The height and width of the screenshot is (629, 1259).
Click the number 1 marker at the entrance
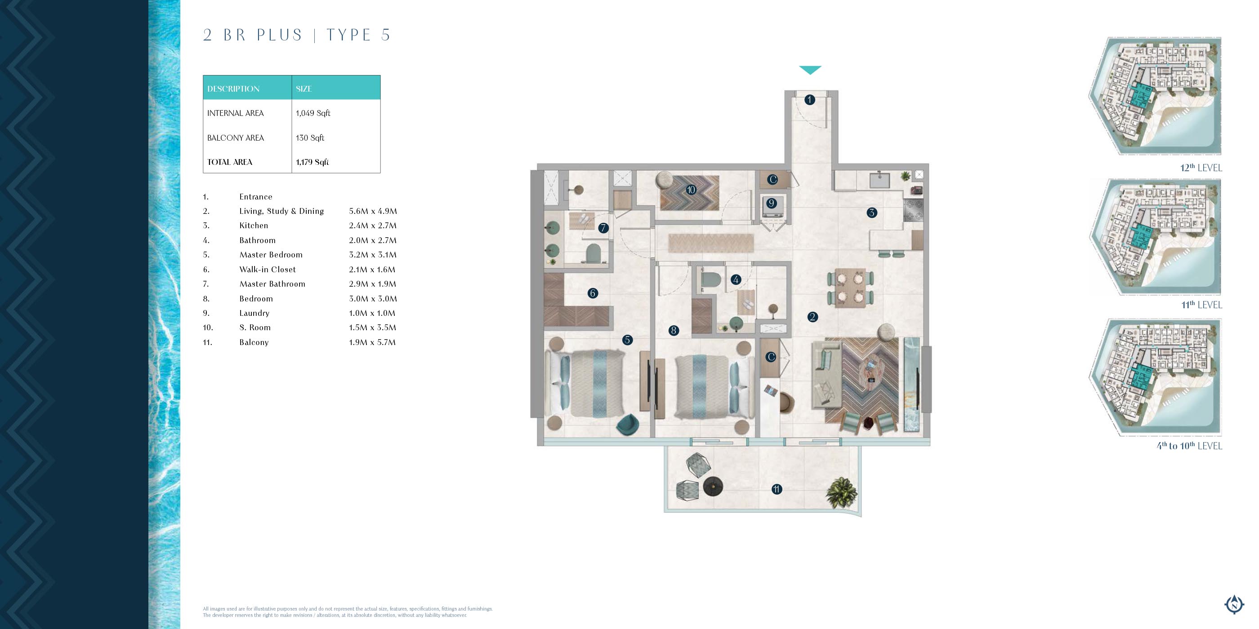[x=810, y=100]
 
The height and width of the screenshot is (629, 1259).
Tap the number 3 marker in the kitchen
[x=872, y=213]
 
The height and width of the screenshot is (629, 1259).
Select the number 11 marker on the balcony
[x=777, y=489]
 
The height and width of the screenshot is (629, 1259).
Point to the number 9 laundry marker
[x=771, y=203]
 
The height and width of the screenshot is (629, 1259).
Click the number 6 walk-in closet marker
[x=593, y=293]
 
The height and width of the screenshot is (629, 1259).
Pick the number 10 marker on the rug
[x=691, y=190]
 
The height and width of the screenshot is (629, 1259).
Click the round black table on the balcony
[x=713, y=487]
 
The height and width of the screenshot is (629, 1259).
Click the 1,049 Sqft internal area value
[x=313, y=113]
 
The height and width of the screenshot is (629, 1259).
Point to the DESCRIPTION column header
[x=233, y=89]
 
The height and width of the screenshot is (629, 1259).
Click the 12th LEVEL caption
[x=1201, y=168]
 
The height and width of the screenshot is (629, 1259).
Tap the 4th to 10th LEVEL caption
[x=1189, y=445]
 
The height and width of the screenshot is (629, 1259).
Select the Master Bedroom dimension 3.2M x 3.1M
[x=373, y=254]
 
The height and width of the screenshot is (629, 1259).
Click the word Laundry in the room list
[x=254, y=313]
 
